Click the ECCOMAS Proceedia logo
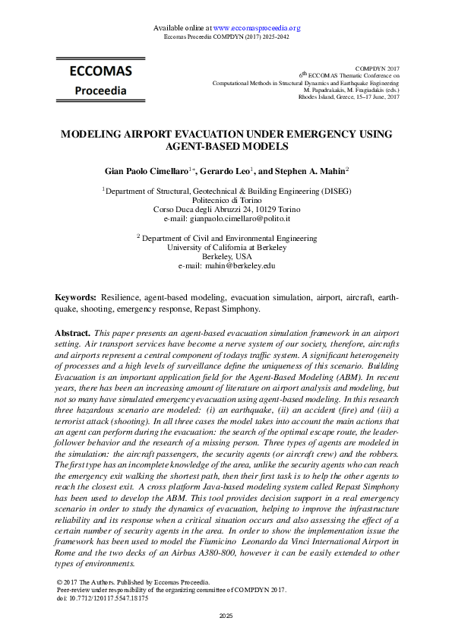tap(101, 80)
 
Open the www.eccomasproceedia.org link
tap(257, 28)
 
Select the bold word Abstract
tap(73, 334)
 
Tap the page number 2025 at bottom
tap(226, 614)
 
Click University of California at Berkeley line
tap(226, 247)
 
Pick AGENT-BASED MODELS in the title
tap(226, 145)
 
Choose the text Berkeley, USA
tap(226, 257)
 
